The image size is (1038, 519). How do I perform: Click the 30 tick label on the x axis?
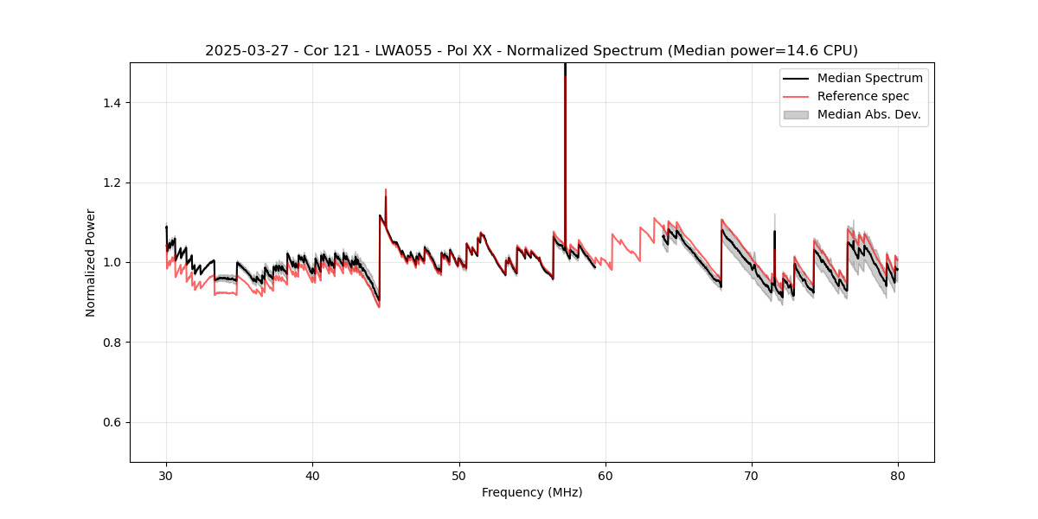pos(166,475)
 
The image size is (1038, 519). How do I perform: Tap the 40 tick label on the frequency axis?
pos(312,475)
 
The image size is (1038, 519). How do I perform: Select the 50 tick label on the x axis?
pos(458,475)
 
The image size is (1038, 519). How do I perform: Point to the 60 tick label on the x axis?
pos(605,475)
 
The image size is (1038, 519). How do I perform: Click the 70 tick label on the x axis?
pos(752,475)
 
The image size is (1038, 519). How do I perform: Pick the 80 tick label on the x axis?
pos(898,475)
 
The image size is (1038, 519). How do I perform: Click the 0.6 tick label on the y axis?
pos(112,422)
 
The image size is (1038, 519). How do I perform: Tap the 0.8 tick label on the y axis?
pos(112,343)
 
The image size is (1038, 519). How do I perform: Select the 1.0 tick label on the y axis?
pos(112,262)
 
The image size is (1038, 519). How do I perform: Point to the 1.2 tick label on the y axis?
pos(112,183)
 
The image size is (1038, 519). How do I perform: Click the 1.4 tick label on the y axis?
pos(112,103)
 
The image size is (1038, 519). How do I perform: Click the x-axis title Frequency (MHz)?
pos(532,492)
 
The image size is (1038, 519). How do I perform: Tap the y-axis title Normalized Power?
pos(90,262)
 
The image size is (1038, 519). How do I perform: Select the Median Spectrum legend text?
pos(869,78)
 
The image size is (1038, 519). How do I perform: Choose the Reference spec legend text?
pos(863,96)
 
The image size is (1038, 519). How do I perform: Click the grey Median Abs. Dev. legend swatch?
pos(795,114)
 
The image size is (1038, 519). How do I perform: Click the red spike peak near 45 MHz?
pos(386,189)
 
